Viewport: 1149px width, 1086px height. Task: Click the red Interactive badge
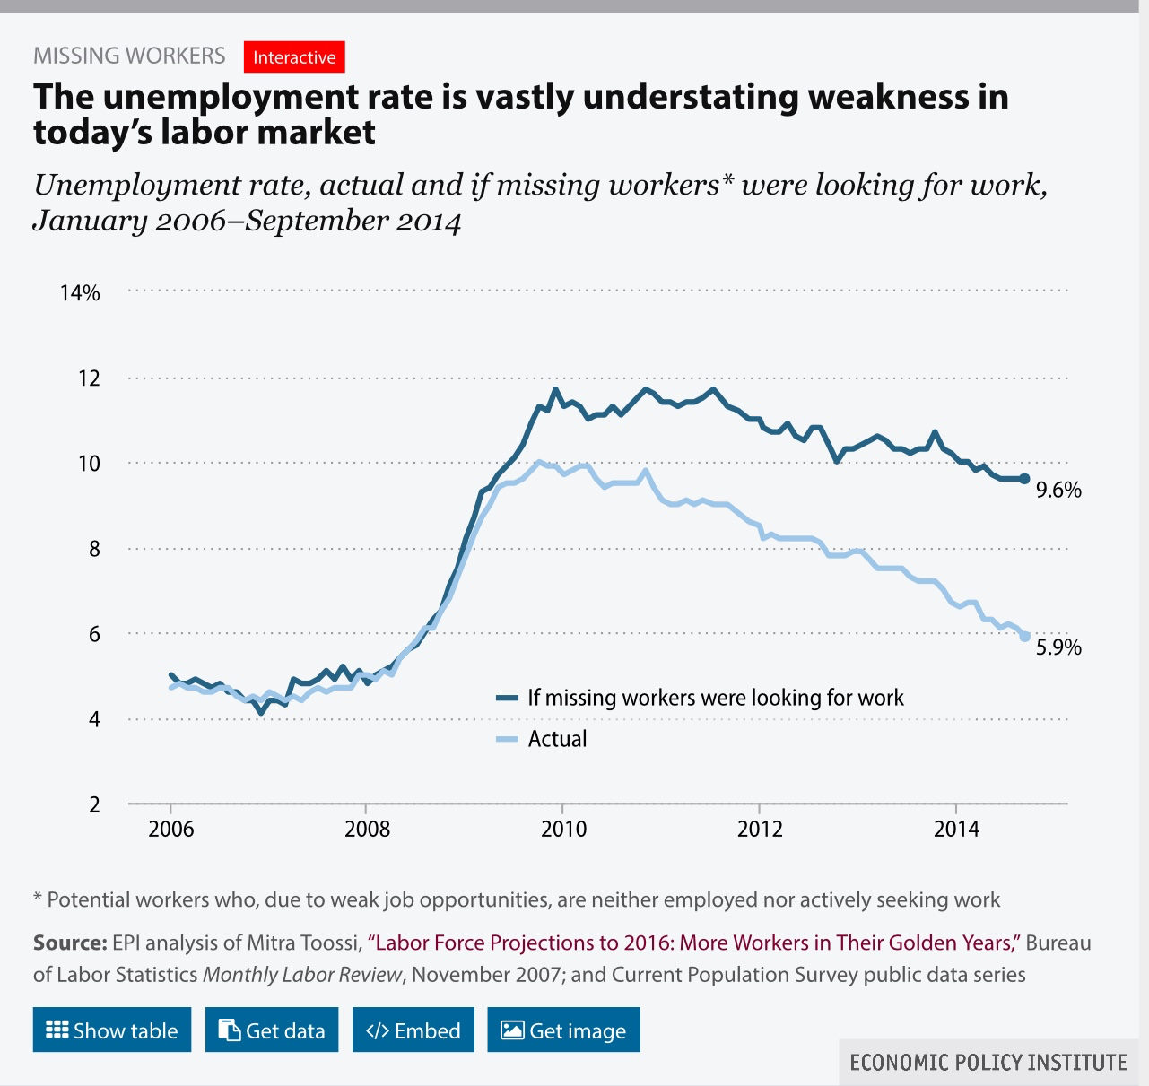coord(294,57)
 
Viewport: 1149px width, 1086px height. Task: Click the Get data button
coord(272,1030)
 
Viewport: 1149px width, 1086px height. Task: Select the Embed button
coord(413,1030)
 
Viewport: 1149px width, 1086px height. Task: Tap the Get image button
coord(563,1030)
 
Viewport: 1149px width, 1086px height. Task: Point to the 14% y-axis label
coord(80,293)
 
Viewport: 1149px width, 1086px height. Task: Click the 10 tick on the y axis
coord(89,464)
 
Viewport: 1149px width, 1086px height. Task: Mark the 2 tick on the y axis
coord(94,804)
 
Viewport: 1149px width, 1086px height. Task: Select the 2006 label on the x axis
coord(170,829)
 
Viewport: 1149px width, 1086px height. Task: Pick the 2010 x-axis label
coord(563,829)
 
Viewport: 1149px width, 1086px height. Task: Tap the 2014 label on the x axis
coord(956,829)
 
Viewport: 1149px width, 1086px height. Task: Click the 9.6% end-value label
coord(1058,490)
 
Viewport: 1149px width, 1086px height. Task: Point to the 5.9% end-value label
coord(1058,647)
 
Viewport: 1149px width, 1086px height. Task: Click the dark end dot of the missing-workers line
coord(1025,479)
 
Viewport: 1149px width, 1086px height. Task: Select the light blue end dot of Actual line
coord(1025,637)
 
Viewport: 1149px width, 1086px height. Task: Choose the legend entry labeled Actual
coord(556,739)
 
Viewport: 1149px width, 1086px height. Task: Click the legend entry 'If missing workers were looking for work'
coord(715,698)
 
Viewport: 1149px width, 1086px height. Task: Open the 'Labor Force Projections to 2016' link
coord(695,943)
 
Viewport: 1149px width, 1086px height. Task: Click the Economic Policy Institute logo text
coord(988,1063)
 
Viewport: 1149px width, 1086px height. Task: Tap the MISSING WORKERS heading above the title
coord(129,56)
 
